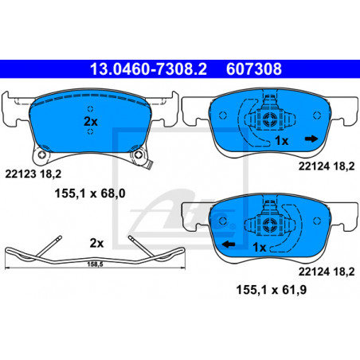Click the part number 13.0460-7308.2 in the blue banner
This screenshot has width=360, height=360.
click(x=148, y=69)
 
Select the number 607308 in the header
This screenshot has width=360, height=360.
click(x=254, y=69)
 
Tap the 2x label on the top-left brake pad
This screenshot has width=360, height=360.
click(x=91, y=122)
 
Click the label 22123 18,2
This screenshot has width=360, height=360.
click(x=33, y=174)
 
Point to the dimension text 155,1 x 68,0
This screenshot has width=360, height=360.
click(x=90, y=194)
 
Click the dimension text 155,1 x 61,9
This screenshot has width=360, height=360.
click(x=272, y=290)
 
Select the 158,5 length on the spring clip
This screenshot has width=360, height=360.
click(x=95, y=264)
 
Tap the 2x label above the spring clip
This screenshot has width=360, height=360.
click(x=96, y=243)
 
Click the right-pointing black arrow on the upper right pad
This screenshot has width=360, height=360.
click(x=311, y=139)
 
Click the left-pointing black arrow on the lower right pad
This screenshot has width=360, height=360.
click(x=229, y=244)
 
